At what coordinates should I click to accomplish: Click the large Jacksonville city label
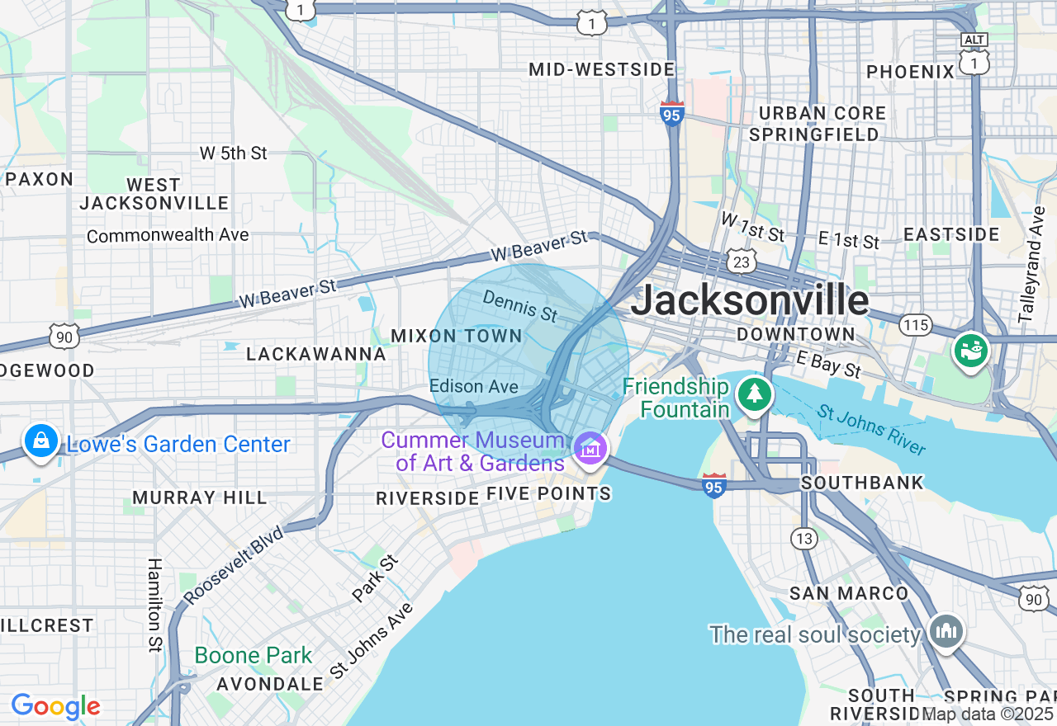(x=750, y=300)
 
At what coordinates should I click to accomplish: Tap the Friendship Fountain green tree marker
(x=754, y=394)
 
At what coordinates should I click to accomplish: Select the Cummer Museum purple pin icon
(x=591, y=449)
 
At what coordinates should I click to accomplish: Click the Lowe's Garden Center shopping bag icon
(x=40, y=441)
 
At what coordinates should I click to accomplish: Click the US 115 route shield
(x=916, y=325)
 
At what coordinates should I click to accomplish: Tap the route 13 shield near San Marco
(x=803, y=539)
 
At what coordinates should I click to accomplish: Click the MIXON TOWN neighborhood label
(x=456, y=336)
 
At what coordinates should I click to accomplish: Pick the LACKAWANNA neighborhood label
(x=316, y=355)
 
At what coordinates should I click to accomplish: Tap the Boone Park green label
(x=254, y=656)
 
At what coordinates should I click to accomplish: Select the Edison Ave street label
(x=474, y=386)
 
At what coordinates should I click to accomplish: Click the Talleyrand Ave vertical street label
(x=1031, y=264)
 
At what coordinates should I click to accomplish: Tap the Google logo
(x=55, y=706)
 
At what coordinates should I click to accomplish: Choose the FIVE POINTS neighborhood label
(x=548, y=494)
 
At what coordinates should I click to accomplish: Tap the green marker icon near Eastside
(x=971, y=351)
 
